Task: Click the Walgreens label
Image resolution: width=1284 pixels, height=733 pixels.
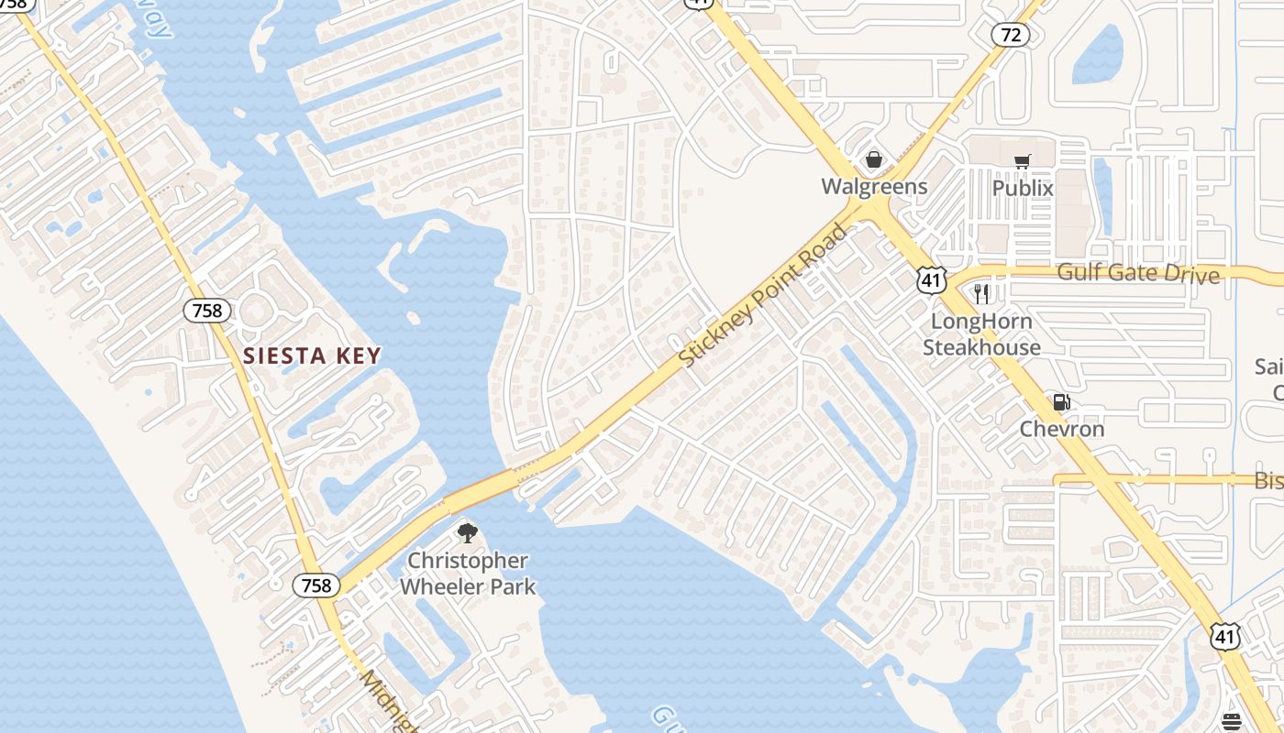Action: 874,187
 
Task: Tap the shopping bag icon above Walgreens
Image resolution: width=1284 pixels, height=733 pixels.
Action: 874,160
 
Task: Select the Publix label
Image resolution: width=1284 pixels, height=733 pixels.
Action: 1023,188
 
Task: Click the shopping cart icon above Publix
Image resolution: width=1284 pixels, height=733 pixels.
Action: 1023,162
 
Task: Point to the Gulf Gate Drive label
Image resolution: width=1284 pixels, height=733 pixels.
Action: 1138,273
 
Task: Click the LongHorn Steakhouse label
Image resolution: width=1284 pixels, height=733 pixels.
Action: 981,334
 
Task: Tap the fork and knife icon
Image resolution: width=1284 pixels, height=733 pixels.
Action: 980,294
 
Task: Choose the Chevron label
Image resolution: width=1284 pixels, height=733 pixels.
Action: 1062,429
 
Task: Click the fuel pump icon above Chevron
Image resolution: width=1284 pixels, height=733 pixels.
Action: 1061,402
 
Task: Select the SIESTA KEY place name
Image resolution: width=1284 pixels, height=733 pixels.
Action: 312,356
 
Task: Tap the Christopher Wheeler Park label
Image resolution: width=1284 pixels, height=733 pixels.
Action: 468,574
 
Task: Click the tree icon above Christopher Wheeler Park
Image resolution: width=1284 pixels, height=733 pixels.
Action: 468,533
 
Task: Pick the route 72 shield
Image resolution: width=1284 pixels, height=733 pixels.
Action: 1010,36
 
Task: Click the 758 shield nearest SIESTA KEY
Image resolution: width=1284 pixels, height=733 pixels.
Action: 207,311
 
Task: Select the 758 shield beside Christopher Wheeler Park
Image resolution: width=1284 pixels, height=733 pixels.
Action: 316,585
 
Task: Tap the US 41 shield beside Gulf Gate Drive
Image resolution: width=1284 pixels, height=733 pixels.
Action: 931,281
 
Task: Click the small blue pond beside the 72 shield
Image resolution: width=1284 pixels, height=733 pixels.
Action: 1098,55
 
